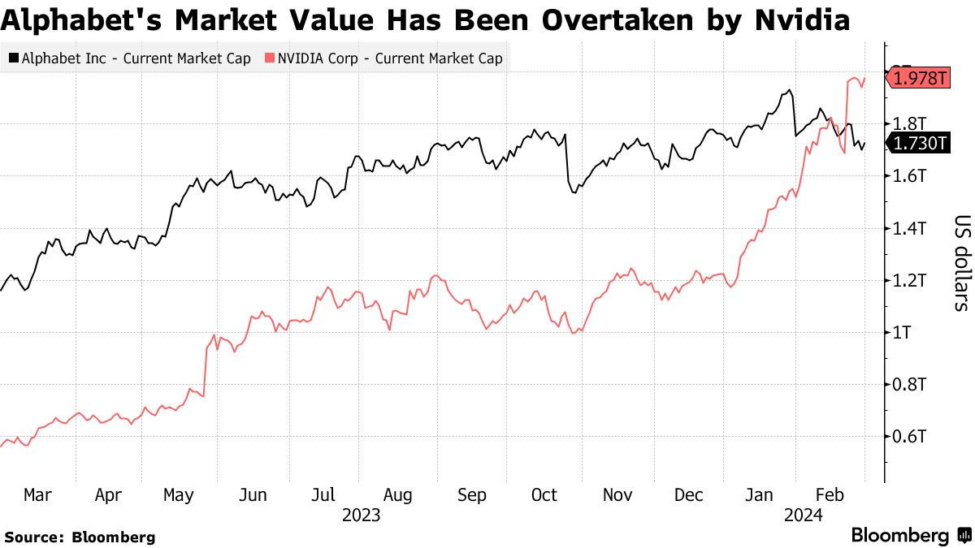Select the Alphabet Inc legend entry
tap(131, 58)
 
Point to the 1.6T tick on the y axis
tap(908, 176)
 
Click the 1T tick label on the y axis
tap(902, 333)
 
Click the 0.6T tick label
tap(908, 437)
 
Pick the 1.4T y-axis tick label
tap(908, 228)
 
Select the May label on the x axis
tap(180, 495)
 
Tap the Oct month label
tap(544, 495)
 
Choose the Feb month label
tap(830, 495)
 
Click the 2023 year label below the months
tap(362, 515)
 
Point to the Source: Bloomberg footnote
tap(80, 537)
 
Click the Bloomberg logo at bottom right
tap(910, 536)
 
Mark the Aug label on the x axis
tap(397, 495)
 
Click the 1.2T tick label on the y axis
tap(908, 281)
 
